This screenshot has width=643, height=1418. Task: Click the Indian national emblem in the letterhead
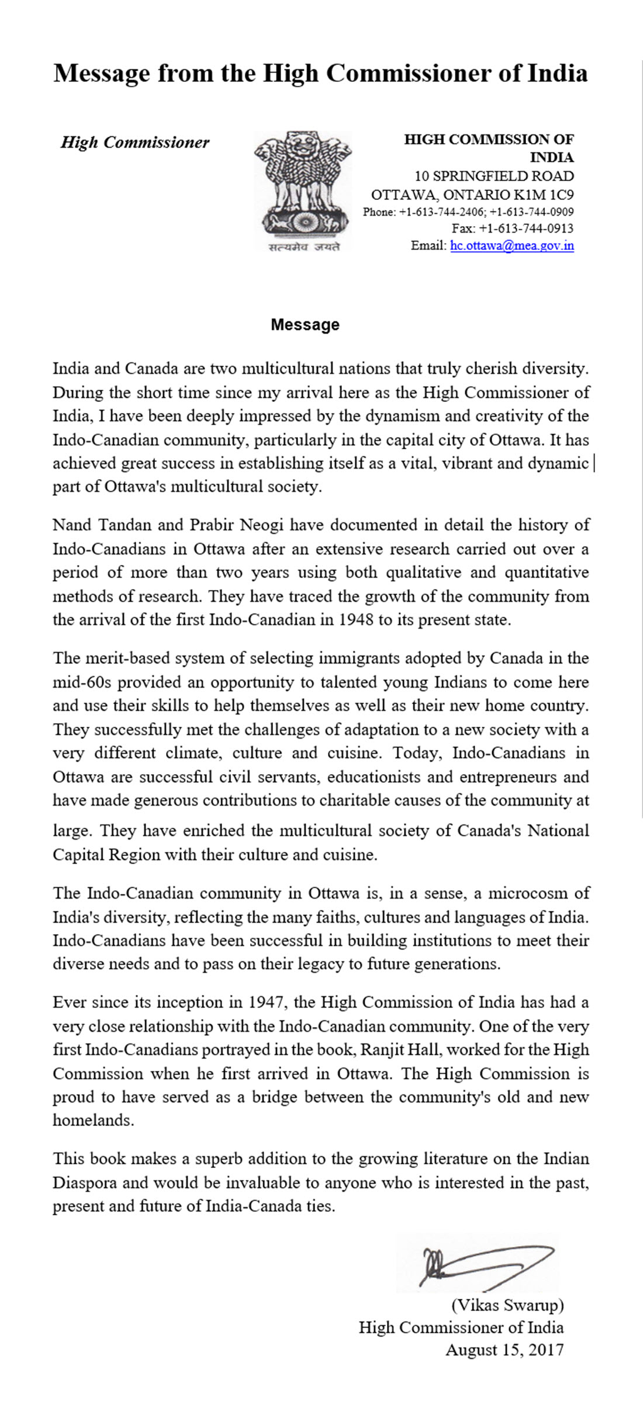[303, 185]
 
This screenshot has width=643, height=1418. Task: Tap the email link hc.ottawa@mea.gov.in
[511, 245]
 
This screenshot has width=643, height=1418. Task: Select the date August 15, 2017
[504, 1350]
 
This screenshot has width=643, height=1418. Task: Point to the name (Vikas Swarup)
[507, 1305]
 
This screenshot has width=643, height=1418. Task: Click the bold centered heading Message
[305, 325]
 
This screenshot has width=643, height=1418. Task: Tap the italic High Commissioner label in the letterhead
[135, 143]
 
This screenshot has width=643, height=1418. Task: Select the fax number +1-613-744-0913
[526, 228]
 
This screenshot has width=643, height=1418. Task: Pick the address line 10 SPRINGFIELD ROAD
[494, 176]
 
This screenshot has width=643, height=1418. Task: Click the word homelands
[92, 1120]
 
